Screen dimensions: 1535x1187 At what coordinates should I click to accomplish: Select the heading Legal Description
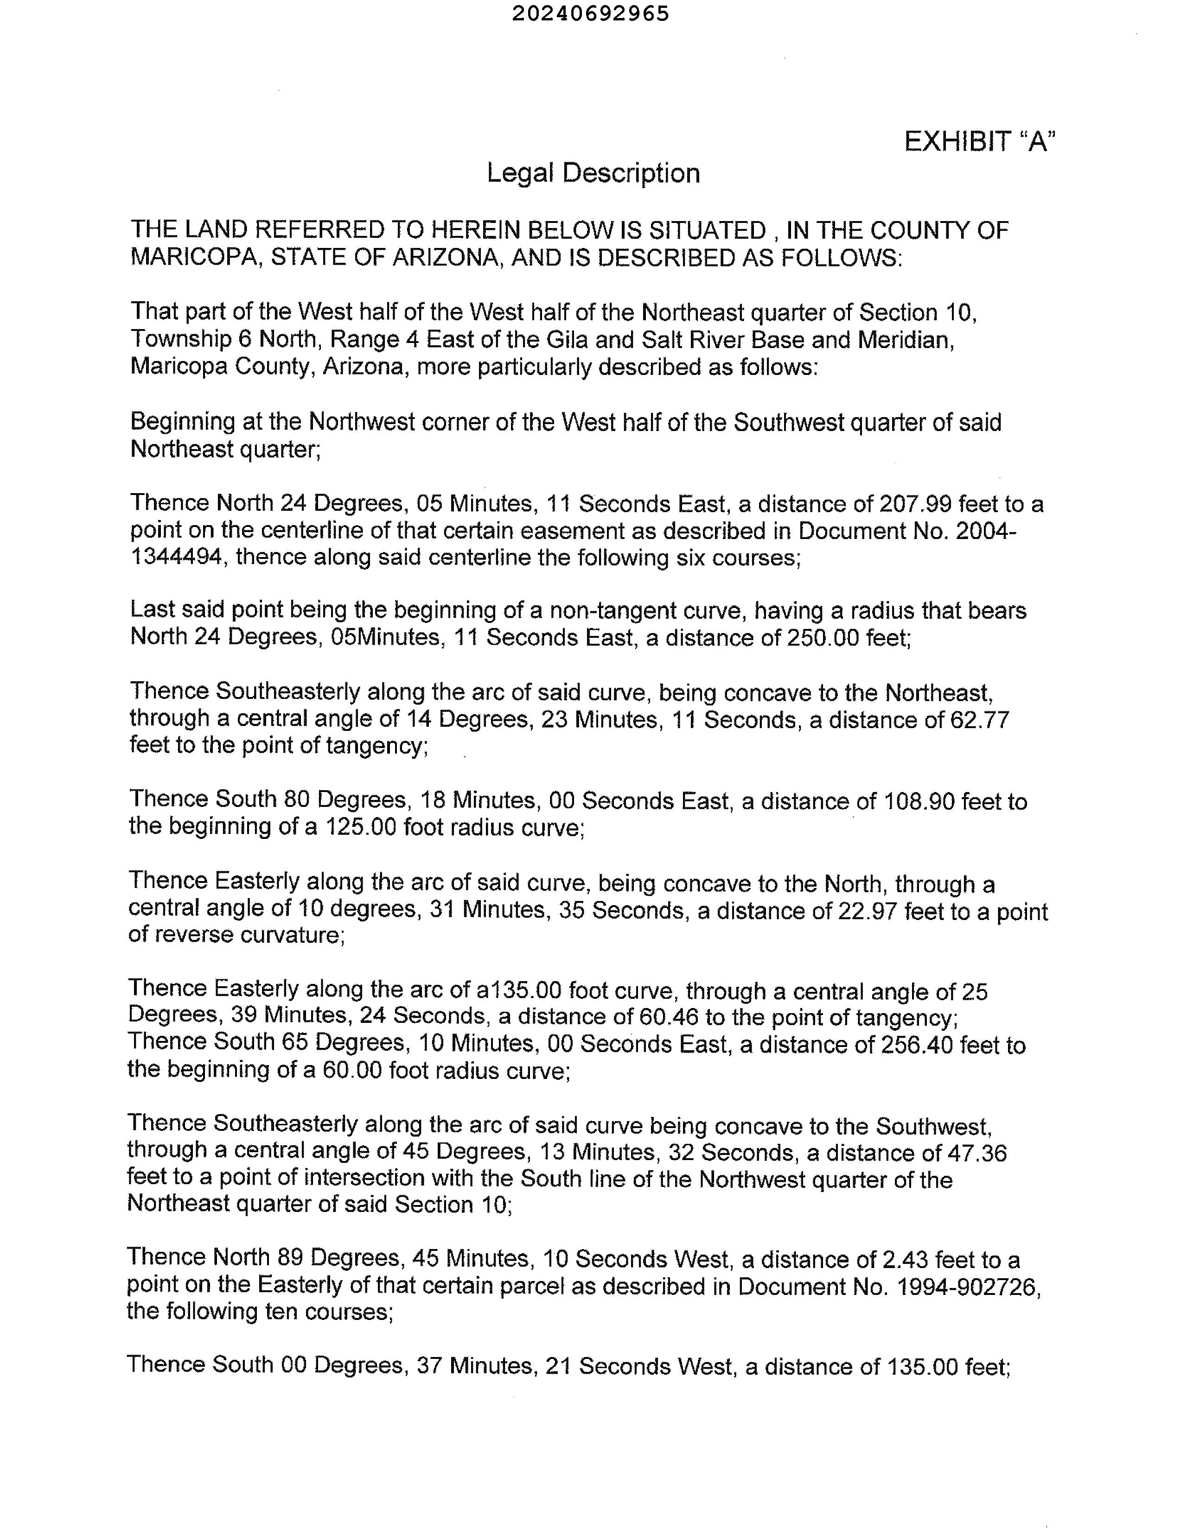593,173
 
